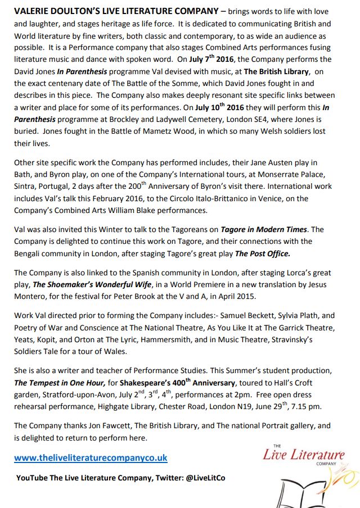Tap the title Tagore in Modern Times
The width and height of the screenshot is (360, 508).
272,229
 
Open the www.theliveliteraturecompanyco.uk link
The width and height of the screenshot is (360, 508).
91,458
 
